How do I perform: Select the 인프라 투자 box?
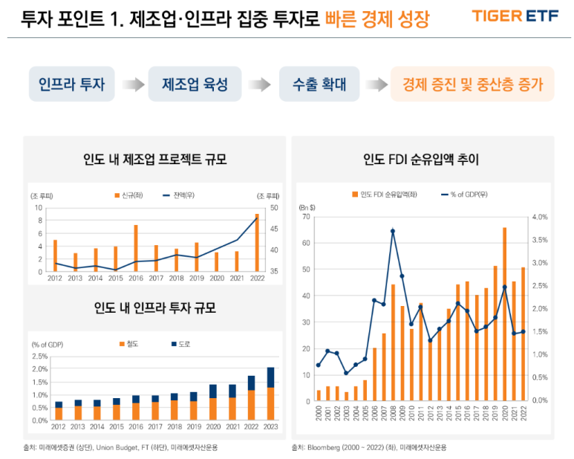[x=71, y=85]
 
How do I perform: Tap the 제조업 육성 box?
[x=195, y=85]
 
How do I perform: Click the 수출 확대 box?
[x=319, y=85]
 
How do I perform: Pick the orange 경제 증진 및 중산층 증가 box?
[x=472, y=85]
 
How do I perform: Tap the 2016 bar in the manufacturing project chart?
[x=135, y=248]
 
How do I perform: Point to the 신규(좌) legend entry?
[x=127, y=195]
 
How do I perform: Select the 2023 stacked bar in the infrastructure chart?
[x=270, y=394]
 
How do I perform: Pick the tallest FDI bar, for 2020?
[x=504, y=314]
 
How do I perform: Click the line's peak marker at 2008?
[x=393, y=231]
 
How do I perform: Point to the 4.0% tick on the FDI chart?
[x=539, y=217]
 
